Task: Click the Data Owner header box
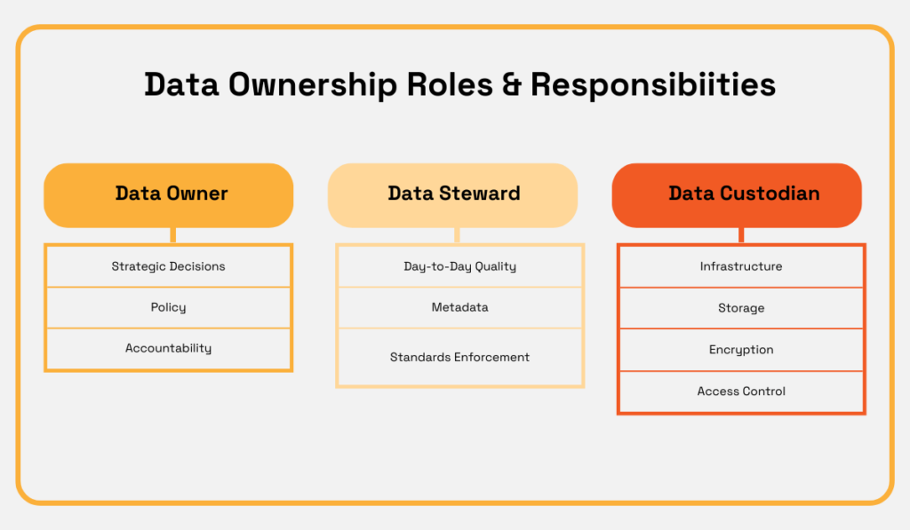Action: tap(169, 194)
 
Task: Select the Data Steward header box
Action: tap(453, 194)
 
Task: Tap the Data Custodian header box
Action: tap(738, 194)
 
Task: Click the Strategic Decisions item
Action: tap(169, 266)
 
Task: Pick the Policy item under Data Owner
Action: tap(169, 307)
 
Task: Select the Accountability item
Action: tap(169, 349)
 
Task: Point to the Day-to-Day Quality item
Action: tap(459, 266)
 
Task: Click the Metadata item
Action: tap(459, 307)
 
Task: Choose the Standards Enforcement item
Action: tap(459, 357)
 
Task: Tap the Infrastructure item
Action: tap(741, 266)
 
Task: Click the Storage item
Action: tap(741, 308)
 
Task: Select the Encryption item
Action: tap(741, 350)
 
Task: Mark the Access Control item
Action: tap(741, 392)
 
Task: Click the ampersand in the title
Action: tap(511, 84)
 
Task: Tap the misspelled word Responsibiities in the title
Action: tap(653, 84)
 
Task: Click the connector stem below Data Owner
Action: tap(172, 235)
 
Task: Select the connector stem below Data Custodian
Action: tap(741, 235)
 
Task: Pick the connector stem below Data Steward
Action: tap(457, 235)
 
